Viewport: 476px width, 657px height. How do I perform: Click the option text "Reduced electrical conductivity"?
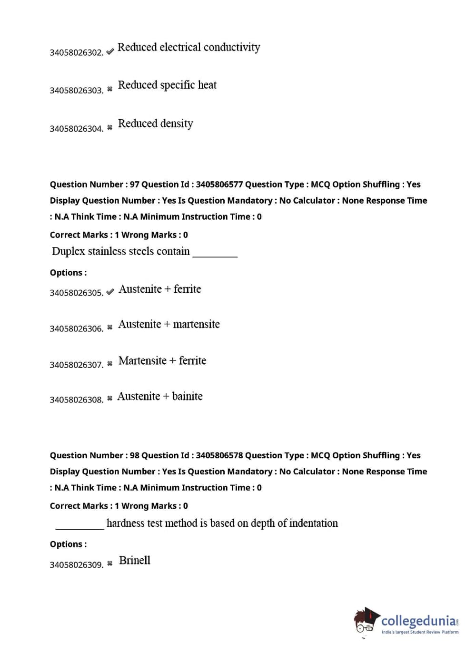pyautogui.click(x=188, y=47)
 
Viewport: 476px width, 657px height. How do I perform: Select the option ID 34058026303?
pyautogui.click(x=76, y=91)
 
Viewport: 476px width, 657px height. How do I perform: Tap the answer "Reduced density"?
pyautogui.click(x=155, y=123)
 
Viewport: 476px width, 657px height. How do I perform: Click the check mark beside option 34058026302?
pyautogui.click(x=110, y=51)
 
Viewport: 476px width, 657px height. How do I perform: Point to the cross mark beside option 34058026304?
pyautogui.click(x=110, y=127)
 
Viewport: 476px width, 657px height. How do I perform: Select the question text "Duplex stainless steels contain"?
pyautogui.click(x=121, y=251)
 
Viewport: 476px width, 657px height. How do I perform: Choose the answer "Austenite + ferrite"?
pyautogui.click(x=159, y=289)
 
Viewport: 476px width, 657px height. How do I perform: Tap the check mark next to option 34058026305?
pyautogui.click(x=110, y=292)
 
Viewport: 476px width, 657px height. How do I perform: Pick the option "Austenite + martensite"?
pyautogui.click(x=169, y=324)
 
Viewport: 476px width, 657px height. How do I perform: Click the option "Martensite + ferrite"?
pyautogui.click(x=162, y=360)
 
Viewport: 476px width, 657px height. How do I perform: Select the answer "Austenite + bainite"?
pyautogui.click(x=159, y=396)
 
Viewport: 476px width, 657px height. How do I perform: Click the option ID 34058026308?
pyautogui.click(x=76, y=400)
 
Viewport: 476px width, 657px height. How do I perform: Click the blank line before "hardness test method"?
pyautogui.click(x=79, y=527)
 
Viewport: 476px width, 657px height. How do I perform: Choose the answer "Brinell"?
pyautogui.click(x=134, y=560)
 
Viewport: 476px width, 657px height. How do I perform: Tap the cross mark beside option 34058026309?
pyautogui.click(x=110, y=563)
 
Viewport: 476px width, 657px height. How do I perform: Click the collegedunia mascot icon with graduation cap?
pyautogui.click(x=366, y=621)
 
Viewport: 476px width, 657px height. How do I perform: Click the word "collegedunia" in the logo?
pyautogui.click(x=418, y=621)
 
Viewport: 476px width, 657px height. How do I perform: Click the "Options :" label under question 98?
pyautogui.click(x=68, y=544)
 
